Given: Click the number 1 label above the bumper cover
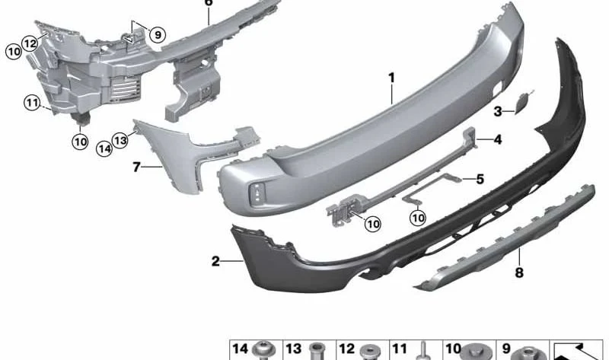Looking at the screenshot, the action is pos(391,78).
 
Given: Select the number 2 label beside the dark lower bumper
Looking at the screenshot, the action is pos(215,261).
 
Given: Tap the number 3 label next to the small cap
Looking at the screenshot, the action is pos(498,112).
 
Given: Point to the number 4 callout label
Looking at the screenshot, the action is pos(498,139).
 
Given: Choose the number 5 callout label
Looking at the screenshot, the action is pos(480,180).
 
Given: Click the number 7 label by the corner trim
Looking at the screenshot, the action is pos(136,167).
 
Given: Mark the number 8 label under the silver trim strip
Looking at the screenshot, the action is pos(519,272).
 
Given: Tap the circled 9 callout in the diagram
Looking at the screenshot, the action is pos(158,35).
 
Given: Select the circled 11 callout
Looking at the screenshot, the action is pos(32,103).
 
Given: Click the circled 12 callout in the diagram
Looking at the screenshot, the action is pos(30,43).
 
